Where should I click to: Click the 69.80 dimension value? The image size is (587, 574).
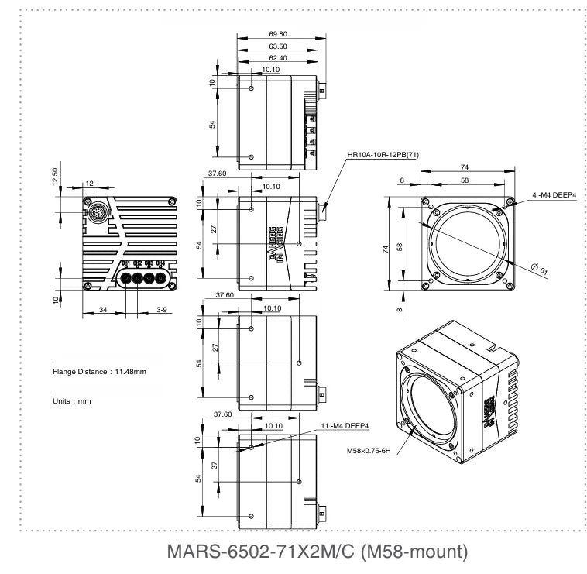[276, 34]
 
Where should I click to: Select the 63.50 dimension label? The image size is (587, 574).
[276, 46]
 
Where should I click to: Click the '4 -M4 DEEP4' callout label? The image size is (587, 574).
[553, 195]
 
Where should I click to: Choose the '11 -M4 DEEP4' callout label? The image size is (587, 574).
[345, 425]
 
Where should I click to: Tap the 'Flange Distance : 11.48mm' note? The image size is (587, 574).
[99, 372]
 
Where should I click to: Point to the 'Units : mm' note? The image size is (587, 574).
[72, 401]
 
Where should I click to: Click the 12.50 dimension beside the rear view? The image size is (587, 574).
[55, 177]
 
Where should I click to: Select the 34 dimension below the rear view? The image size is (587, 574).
[103, 310]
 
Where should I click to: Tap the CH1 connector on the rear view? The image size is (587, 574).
[125, 277]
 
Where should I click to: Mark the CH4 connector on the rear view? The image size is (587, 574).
[161, 277]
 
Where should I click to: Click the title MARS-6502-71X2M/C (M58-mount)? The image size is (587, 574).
[318, 552]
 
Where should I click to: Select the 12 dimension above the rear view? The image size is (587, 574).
[90, 183]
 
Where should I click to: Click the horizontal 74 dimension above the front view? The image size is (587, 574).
[464, 167]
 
